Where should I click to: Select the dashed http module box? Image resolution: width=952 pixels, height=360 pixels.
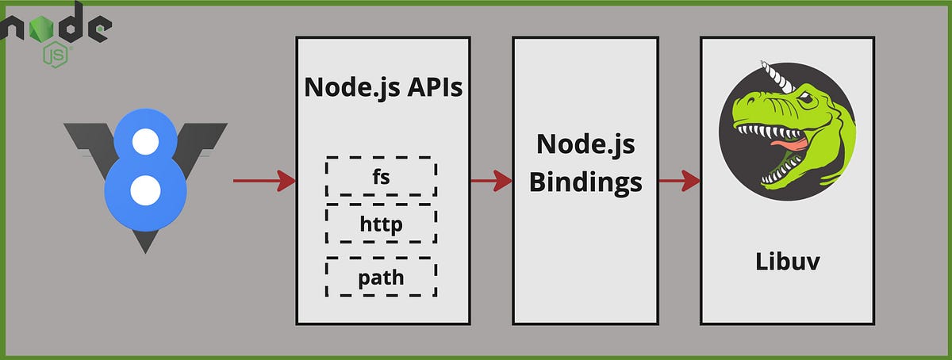(x=381, y=224)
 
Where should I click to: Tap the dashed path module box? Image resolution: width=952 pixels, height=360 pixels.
(x=381, y=277)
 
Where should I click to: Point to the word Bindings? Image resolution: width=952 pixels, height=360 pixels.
(x=585, y=182)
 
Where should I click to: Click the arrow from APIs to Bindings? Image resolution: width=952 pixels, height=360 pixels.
(x=491, y=182)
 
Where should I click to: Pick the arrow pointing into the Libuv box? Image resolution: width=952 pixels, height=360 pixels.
(x=678, y=182)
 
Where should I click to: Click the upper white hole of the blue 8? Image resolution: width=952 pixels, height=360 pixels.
(x=145, y=144)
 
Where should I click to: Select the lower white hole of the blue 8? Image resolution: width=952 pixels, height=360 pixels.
(x=145, y=190)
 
